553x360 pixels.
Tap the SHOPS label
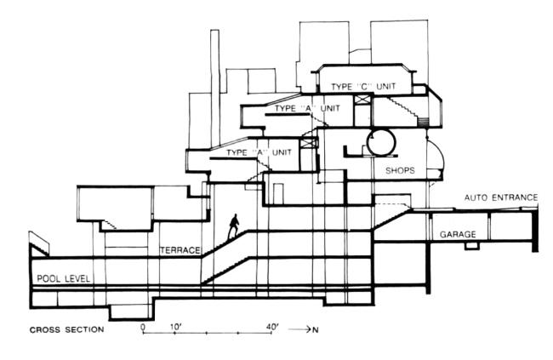(400, 170)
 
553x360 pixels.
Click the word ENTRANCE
(516, 198)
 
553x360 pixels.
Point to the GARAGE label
(458, 233)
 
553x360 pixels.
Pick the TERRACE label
(179, 250)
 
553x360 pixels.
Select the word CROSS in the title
(46, 328)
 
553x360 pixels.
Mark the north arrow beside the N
(303, 328)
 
